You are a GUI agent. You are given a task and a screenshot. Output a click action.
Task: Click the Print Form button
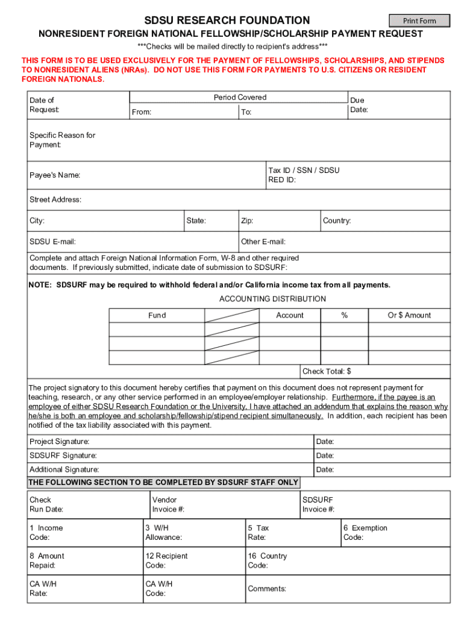pos(419,21)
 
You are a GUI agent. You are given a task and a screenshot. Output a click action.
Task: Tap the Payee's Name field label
pos(55,175)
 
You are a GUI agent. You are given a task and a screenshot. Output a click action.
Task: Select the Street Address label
pos(55,199)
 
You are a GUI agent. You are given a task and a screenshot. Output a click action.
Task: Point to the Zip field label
pos(247,221)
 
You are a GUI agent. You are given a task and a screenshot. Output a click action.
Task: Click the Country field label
pos(337,221)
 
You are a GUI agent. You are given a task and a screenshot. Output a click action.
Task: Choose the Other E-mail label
pos(263,242)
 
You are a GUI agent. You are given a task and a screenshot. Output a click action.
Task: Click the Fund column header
pos(157,315)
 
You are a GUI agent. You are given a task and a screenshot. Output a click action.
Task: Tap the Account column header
pos(290,315)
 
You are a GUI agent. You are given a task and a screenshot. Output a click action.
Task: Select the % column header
pos(345,315)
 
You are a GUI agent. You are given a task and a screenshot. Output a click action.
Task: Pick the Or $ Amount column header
pos(409,315)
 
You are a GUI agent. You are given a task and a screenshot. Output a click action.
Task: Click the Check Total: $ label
pos(327,371)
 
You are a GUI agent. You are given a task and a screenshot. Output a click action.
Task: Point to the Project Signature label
pos(60,442)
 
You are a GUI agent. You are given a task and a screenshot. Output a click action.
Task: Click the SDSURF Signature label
pos(63,456)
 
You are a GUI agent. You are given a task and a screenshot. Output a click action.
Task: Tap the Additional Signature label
pos(64,469)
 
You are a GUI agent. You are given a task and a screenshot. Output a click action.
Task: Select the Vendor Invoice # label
pos(168,504)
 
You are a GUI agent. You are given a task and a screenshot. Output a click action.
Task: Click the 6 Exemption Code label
pos(365,533)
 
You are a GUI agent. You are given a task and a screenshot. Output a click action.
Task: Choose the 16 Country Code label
pos(267,560)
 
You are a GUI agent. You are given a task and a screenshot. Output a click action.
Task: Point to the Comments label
pos(267,589)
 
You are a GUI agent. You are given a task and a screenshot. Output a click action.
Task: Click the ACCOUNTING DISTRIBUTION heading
pos(272,299)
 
